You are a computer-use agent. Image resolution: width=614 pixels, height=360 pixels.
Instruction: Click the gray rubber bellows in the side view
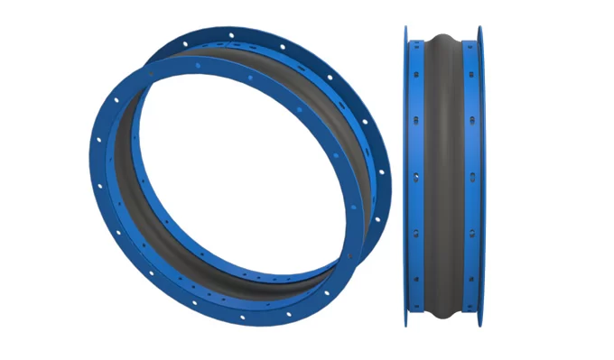[442, 180]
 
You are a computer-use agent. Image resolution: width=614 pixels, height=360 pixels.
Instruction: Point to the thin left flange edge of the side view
[406, 180]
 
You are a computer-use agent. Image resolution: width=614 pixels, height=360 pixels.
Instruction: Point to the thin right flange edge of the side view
[480, 180]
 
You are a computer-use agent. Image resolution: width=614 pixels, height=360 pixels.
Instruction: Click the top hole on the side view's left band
[416, 58]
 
